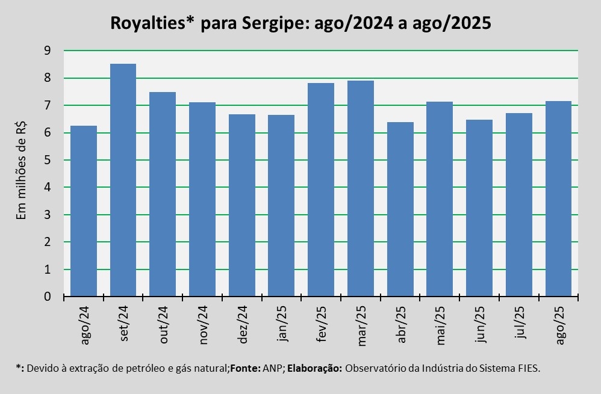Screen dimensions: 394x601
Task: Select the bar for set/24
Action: click(x=123, y=180)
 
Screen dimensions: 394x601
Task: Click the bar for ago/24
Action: click(x=84, y=211)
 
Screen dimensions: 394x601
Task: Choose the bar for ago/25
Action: click(x=558, y=199)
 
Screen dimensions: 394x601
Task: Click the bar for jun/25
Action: click(x=479, y=208)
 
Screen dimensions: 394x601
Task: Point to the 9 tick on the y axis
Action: click(x=47, y=51)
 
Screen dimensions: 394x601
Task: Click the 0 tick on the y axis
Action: click(x=47, y=297)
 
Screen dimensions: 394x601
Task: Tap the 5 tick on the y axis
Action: click(x=47, y=161)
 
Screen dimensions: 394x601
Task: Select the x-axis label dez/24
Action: click(x=243, y=323)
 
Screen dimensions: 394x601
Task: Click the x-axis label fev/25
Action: click(x=322, y=323)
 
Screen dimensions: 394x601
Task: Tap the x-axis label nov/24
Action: click(x=203, y=324)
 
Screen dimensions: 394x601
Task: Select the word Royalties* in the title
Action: click(x=152, y=24)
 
